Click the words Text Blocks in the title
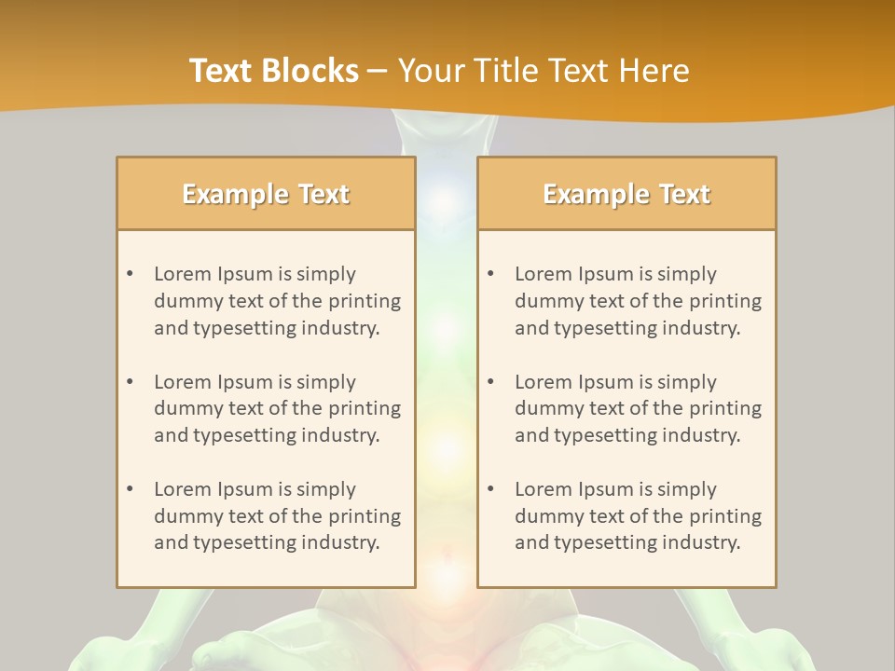[x=274, y=71]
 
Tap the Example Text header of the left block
[x=266, y=194]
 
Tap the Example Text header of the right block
[x=626, y=194]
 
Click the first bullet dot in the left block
[x=130, y=274]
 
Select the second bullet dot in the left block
[x=130, y=382]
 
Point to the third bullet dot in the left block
[x=130, y=489]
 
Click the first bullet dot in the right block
[x=490, y=274]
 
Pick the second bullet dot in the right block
[x=490, y=382]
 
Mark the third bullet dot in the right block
[x=490, y=489]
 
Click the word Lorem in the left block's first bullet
[x=183, y=274]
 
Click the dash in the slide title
[x=378, y=71]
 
